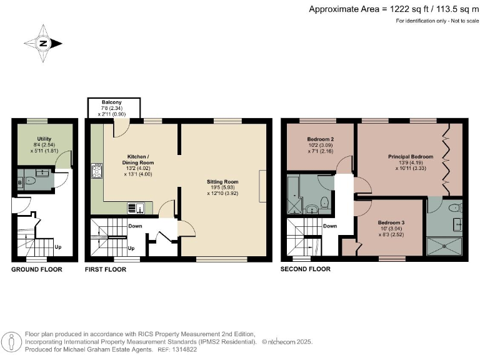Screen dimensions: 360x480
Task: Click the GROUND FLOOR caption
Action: [x=37, y=269]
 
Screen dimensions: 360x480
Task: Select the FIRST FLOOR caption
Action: [x=105, y=269]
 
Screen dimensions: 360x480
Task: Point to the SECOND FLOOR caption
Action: [x=306, y=269]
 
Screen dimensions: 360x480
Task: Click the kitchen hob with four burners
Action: [x=96, y=171]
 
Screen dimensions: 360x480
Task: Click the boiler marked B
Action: [x=21, y=182]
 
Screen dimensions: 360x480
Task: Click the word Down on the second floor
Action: [x=331, y=226]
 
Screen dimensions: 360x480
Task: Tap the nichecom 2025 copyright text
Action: [x=287, y=342]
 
